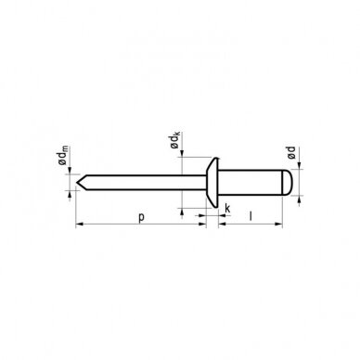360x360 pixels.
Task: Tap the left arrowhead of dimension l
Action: click(x=221, y=224)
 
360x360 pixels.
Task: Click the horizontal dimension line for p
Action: click(x=111, y=224)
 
